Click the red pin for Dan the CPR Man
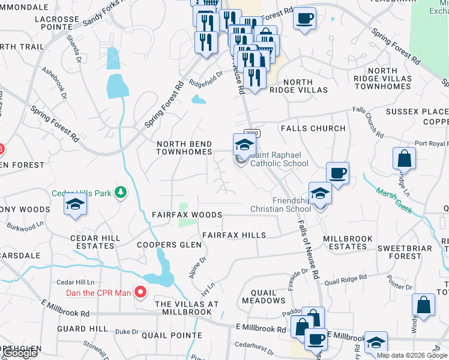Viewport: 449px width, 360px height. [141, 293]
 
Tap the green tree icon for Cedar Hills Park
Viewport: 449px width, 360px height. [122, 192]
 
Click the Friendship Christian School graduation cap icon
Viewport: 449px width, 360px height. [321, 194]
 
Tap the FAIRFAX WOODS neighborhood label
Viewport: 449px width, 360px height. [187, 215]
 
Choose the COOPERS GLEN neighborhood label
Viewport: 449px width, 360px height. [164, 245]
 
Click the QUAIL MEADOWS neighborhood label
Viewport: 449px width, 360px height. [264, 296]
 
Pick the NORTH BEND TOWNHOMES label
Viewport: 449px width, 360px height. [184, 148]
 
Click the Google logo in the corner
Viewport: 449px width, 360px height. [19, 353]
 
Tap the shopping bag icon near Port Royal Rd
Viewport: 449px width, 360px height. [404, 159]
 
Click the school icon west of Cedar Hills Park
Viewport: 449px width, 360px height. [76, 205]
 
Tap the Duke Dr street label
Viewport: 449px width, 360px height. [126, 331]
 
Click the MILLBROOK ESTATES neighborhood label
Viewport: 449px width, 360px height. [348, 242]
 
